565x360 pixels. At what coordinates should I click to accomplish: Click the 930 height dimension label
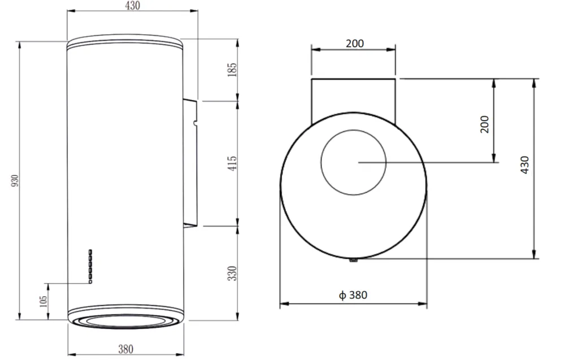(x=15, y=180)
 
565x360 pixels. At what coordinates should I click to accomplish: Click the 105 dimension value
(x=43, y=301)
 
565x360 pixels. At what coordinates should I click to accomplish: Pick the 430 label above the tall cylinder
(x=132, y=6)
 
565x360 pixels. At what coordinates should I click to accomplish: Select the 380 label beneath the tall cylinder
(x=126, y=349)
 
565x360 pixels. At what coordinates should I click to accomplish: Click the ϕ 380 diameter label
(x=353, y=295)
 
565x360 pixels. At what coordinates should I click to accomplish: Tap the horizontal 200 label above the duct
(x=355, y=44)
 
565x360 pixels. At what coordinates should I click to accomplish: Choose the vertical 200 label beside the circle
(x=485, y=124)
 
